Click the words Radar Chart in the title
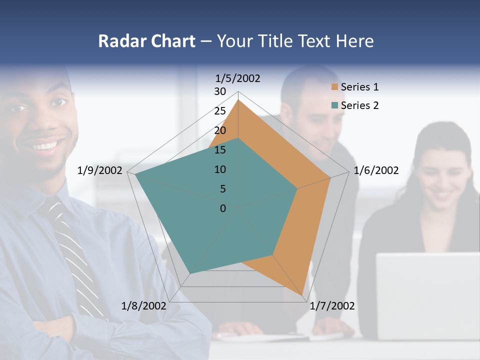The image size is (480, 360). (x=146, y=41)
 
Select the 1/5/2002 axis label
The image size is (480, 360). (x=237, y=78)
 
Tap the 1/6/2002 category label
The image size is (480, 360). (x=376, y=170)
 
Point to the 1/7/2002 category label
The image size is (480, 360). (x=332, y=306)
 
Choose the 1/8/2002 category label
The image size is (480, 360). (x=144, y=306)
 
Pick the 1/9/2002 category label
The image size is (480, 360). (x=100, y=170)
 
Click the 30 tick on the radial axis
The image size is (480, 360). (x=220, y=91)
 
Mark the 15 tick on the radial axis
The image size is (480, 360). (x=220, y=150)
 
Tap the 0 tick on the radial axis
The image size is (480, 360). (x=223, y=208)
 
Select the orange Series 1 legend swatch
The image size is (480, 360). (x=335, y=87)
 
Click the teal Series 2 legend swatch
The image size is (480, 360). (x=335, y=105)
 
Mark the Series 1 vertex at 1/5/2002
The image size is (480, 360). (x=238, y=100)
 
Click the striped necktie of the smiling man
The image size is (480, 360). (x=75, y=255)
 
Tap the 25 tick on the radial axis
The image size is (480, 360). (x=220, y=111)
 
